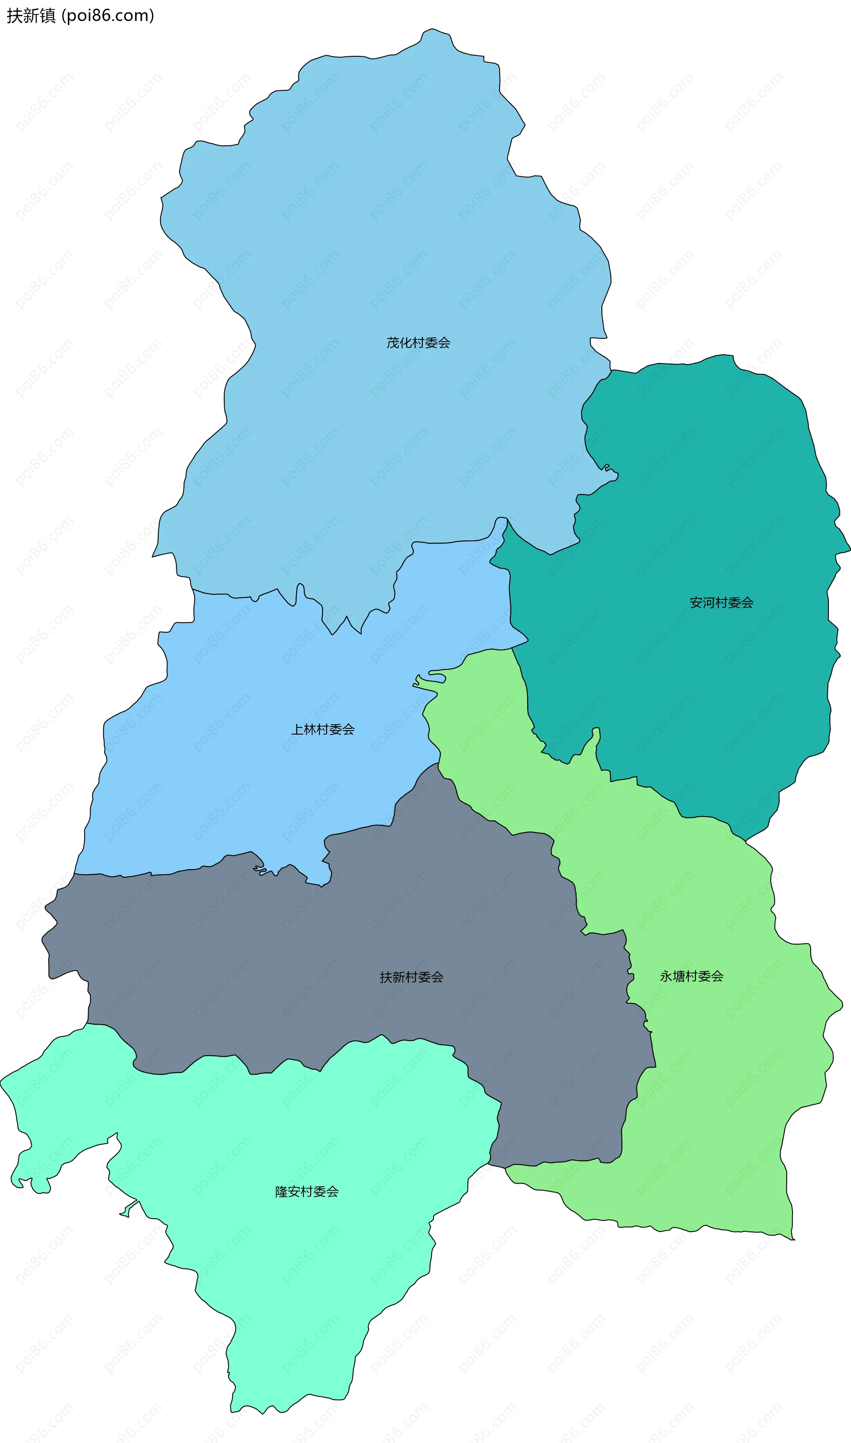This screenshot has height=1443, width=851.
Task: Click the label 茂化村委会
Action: click(418, 343)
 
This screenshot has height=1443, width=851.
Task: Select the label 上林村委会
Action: click(323, 730)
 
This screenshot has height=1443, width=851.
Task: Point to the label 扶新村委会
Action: click(411, 977)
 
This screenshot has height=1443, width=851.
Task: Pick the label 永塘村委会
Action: click(691, 976)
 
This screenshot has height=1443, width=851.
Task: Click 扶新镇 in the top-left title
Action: click(31, 16)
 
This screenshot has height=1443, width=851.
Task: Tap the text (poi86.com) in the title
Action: click(108, 16)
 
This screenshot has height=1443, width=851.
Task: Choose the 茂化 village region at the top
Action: click(373, 229)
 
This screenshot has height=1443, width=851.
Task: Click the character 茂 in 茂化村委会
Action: click(393, 343)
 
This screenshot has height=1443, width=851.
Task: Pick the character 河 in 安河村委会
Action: click(708, 603)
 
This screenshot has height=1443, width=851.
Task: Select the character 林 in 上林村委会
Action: click(310, 730)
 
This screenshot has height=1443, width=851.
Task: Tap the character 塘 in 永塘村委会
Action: click(679, 976)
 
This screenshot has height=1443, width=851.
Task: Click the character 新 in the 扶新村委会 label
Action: click(398, 977)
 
